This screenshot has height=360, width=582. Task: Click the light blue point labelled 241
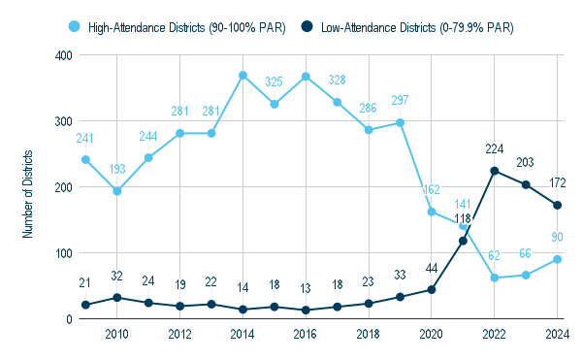[85, 160]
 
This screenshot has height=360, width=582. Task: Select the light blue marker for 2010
[116, 191]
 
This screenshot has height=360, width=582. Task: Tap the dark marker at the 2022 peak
[495, 171]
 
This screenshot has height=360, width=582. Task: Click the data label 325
[275, 83]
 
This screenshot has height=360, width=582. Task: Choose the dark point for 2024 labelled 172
[558, 205]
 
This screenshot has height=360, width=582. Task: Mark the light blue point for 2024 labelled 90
[558, 259]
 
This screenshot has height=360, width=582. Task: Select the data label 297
[401, 101]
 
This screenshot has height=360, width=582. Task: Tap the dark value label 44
[432, 268]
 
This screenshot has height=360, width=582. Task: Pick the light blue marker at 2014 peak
[242, 76]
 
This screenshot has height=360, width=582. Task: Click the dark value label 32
[116, 277]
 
